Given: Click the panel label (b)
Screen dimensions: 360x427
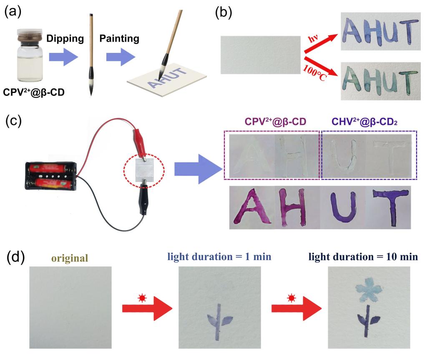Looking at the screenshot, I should (224, 12).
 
